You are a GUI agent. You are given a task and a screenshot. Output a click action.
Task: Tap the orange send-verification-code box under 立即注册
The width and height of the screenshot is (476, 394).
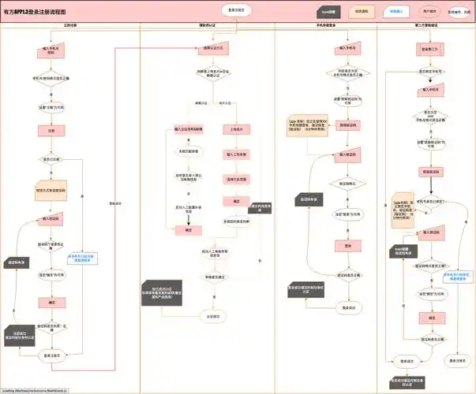(51, 190)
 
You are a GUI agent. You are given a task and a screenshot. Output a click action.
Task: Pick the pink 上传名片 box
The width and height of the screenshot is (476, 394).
(236, 128)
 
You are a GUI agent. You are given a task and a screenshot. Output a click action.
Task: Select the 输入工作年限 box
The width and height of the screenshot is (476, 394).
(236, 154)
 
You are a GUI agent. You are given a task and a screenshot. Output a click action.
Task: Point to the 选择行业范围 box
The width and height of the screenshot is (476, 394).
(236, 179)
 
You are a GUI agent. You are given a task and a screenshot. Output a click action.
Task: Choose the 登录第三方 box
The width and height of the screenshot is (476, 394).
(429, 49)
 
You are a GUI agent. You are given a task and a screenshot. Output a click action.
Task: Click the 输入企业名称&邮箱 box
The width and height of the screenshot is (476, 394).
(189, 128)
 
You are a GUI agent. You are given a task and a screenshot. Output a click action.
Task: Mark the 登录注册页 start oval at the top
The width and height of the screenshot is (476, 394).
(235, 10)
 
